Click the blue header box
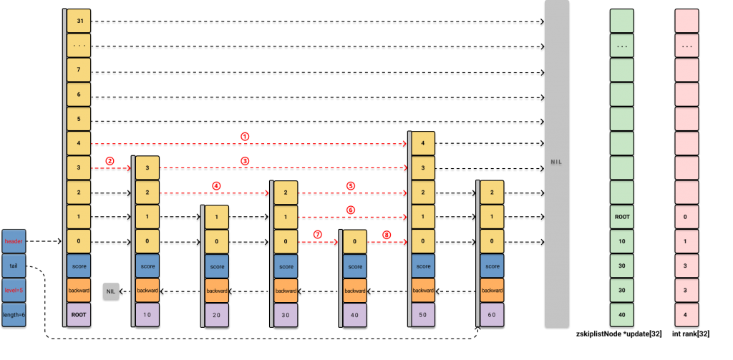[x=14, y=241]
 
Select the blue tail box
[x=14, y=266]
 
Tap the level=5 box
[x=14, y=290]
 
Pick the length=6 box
[x=14, y=314]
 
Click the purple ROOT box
[x=79, y=314]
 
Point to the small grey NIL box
[x=110, y=291]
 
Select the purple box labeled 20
[x=217, y=314]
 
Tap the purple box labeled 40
[x=354, y=314]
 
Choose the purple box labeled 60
[x=492, y=314]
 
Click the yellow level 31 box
[x=79, y=21]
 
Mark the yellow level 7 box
[x=79, y=70]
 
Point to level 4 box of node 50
[x=423, y=144]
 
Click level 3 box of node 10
[x=147, y=168]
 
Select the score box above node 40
[x=354, y=266]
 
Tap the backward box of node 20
[x=217, y=291]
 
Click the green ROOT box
[x=622, y=217]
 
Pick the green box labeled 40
[x=622, y=314]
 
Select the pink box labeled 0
[x=686, y=217]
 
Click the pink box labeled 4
[x=686, y=314]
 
